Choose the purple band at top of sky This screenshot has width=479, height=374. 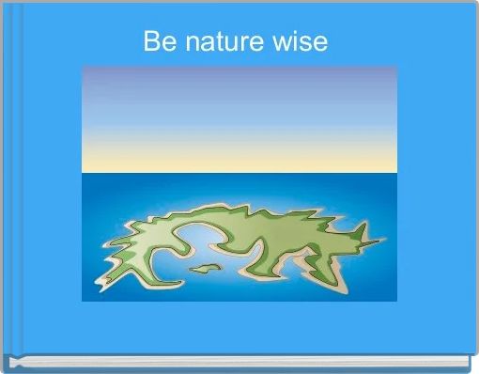click(239, 75)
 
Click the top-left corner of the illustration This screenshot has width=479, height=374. click(83, 67)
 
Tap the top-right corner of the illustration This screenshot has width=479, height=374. click(396, 67)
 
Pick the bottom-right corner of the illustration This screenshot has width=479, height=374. click(396, 301)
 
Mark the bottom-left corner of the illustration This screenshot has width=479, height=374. click(83, 301)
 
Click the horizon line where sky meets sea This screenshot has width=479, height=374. click(239, 173)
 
